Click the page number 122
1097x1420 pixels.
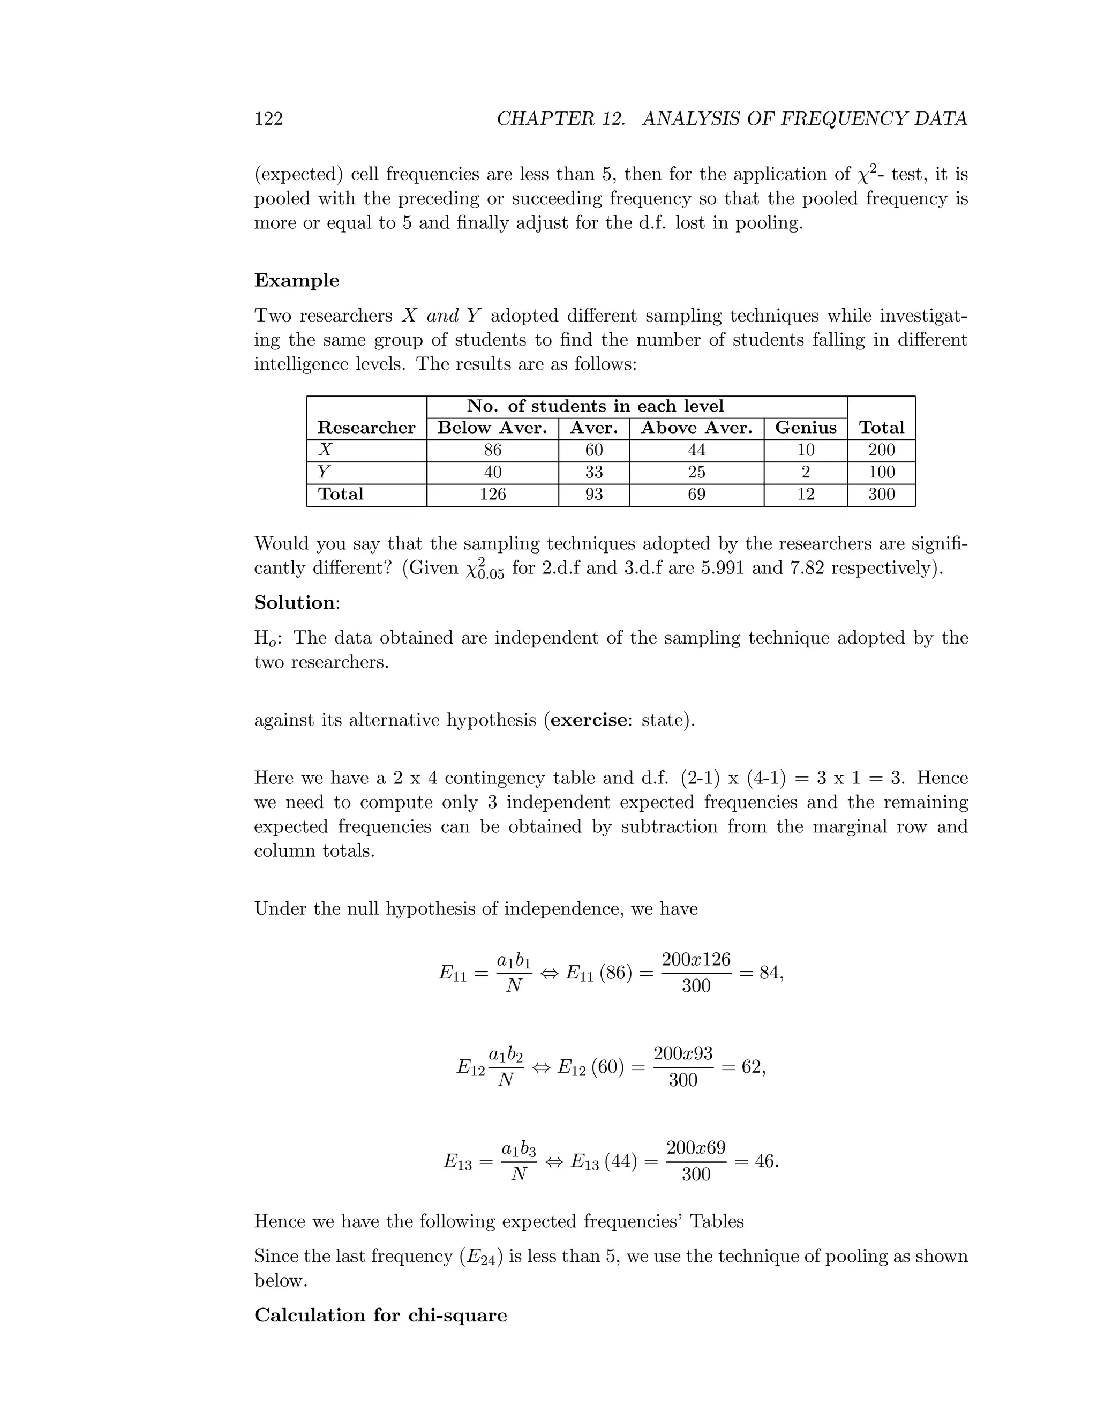point(268,118)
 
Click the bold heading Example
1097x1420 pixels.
point(296,280)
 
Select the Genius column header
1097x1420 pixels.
point(805,428)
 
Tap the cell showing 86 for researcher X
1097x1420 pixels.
point(493,450)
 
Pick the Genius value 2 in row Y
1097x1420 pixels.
point(805,472)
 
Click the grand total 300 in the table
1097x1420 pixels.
point(881,494)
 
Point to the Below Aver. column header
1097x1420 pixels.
point(493,428)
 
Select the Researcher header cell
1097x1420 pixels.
point(366,428)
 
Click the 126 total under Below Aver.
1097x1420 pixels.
point(493,494)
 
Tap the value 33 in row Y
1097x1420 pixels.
point(593,472)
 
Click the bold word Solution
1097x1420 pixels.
point(295,603)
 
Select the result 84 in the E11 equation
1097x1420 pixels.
point(770,973)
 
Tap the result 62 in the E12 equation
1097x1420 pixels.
point(752,1067)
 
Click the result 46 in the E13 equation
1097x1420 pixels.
point(764,1161)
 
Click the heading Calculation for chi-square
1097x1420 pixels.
point(380,1316)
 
